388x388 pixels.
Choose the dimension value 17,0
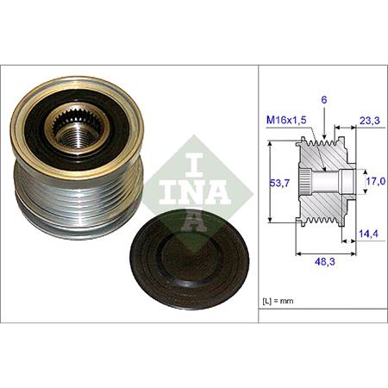pyautogui.click(x=374, y=182)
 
